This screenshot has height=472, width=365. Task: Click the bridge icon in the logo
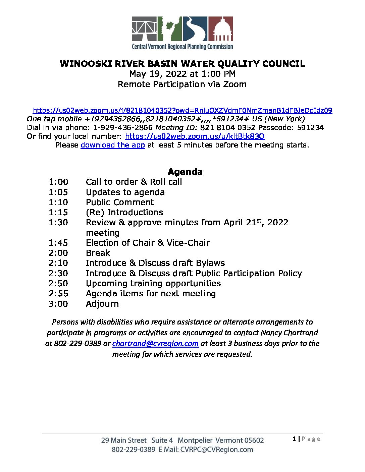pyautogui.click(x=144, y=29)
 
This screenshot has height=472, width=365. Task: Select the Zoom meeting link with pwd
pyautogui.click(x=182, y=110)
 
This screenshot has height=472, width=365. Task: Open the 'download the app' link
pyautogui.click(x=113, y=145)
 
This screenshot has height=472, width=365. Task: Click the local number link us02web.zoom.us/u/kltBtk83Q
pyautogui.click(x=195, y=136)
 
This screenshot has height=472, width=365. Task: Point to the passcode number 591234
pyautogui.click(x=310, y=127)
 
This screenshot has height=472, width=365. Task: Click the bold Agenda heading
pyautogui.click(x=185, y=172)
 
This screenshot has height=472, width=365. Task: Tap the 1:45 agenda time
pyautogui.click(x=58, y=243)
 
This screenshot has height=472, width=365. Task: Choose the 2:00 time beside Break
pyautogui.click(x=58, y=253)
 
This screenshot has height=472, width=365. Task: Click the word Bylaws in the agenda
pyautogui.click(x=210, y=263)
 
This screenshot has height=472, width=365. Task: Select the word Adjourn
pyautogui.click(x=102, y=304)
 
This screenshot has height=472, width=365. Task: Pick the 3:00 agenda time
pyautogui.click(x=58, y=304)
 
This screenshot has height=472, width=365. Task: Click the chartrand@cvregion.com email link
pyautogui.click(x=155, y=343)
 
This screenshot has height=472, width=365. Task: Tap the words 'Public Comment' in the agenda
pyautogui.click(x=120, y=202)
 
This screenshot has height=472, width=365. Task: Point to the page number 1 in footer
pyautogui.click(x=294, y=439)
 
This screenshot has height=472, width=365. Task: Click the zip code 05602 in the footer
pyautogui.click(x=254, y=440)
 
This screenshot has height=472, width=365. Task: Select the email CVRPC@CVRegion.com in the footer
pyautogui.click(x=217, y=450)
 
